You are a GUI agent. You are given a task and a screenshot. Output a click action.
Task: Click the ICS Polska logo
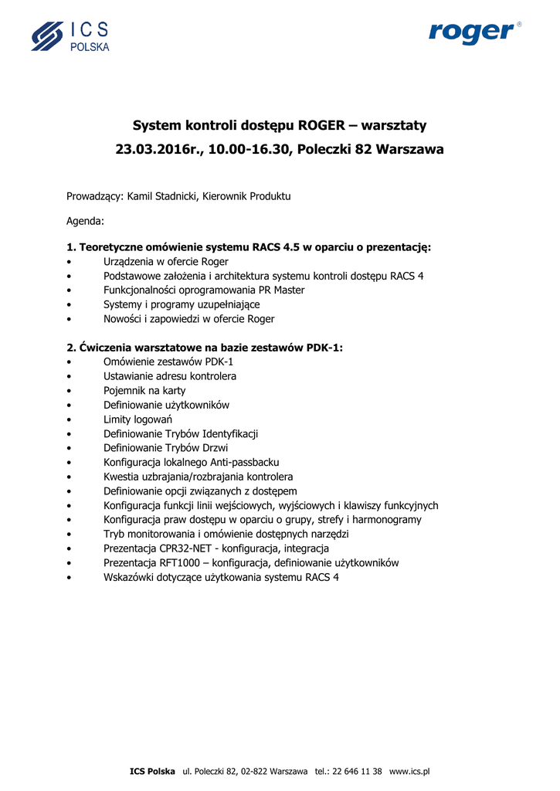pos(70,36)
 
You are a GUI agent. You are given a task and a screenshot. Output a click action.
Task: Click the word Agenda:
pos(85,221)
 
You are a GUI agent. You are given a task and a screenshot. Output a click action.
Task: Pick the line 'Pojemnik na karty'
pos(144,391)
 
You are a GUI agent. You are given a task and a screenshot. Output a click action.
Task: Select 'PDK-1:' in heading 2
pos(324,348)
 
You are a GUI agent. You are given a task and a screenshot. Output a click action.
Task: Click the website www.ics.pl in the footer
pos(409,772)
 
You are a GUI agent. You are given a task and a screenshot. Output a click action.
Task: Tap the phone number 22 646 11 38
pos(357,772)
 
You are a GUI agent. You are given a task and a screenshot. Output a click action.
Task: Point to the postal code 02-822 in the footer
pos(256,772)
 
